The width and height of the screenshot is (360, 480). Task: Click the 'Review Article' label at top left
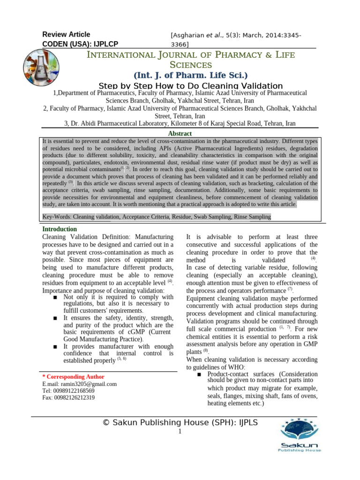pyautogui.click(x=66, y=34)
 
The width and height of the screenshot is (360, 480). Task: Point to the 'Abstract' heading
pyautogui.click(x=180, y=134)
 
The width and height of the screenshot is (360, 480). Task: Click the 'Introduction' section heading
pyautogui.click(x=60, y=229)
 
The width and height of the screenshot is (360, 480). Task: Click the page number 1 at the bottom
pyautogui.click(x=180, y=431)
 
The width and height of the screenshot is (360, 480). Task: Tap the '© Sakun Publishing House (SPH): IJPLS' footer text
pyautogui.click(x=180, y=422)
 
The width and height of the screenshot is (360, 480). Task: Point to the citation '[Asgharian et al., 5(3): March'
pyautogui.click(x=236, y=36)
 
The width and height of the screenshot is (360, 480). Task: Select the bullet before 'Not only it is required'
pyautogui.click(x=56, y=298)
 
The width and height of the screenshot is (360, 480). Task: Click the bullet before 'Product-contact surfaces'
pyautogui.click(x=200, y=374)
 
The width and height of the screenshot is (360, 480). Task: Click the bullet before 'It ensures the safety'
pyautogui.click(x=56, y=318)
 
